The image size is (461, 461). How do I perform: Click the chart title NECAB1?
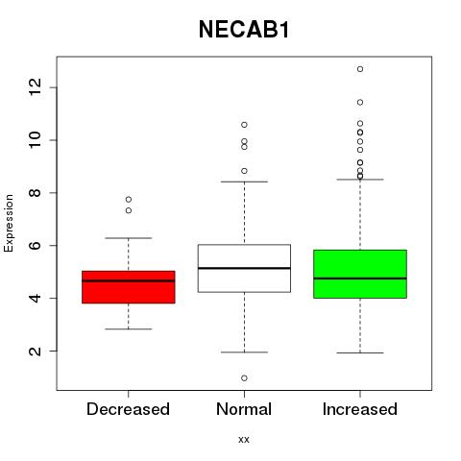pos(244,30)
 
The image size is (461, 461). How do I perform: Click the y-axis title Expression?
pos(9,223)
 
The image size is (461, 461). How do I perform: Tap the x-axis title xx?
pos(244,440)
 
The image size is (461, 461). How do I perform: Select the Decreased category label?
pos(128,409)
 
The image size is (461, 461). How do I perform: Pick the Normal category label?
pos(244,409)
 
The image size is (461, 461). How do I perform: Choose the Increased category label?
pos(360,409)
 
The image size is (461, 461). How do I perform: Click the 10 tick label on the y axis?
pos(35,140)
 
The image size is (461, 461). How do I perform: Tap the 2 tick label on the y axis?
pos(35,351)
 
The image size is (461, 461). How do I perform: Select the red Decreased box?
pos(129,287)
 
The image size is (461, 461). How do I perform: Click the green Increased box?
pos(360,274)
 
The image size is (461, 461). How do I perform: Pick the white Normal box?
pos(244,268)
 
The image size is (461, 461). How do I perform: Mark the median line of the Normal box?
pos(244,268)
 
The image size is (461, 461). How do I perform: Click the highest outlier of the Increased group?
pos(360,69)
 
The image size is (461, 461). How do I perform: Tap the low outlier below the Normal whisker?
pos(244,378)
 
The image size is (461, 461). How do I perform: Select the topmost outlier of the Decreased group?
pos(129,200)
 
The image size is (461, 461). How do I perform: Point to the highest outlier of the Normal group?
pos(244,125)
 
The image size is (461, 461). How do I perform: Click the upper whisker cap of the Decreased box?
pos(129,238)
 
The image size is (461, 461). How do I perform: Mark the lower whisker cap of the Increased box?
pos(360,352)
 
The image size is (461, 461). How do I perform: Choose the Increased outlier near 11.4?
pos(360,103)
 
